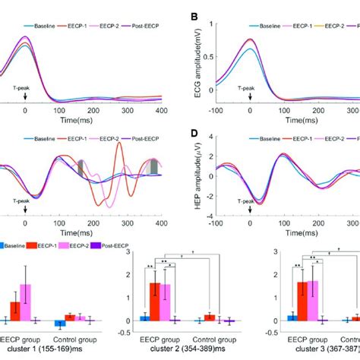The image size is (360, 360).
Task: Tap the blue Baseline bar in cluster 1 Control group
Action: point(57,324)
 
